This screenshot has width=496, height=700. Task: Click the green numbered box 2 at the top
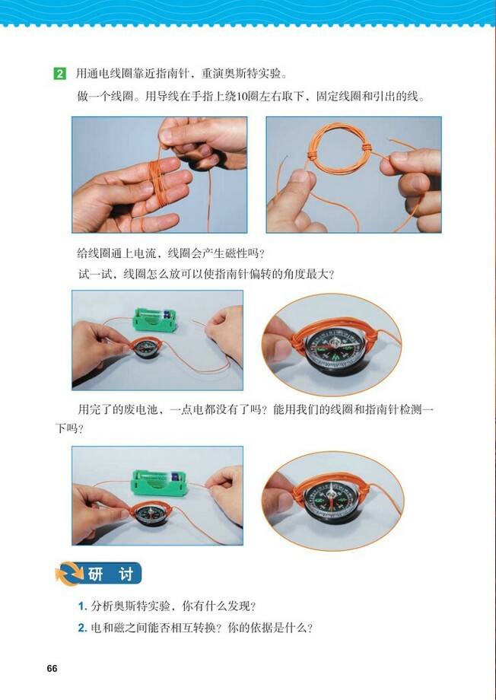(59, 75)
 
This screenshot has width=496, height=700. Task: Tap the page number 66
(52, 669)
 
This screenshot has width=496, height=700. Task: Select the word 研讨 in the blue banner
(110, 574)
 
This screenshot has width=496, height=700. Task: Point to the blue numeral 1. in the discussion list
(82, 606)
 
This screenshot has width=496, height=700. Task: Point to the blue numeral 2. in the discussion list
(82, 628)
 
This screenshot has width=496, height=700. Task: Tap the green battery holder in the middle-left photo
(158, 320)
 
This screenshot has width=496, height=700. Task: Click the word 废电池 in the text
(150, 409)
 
